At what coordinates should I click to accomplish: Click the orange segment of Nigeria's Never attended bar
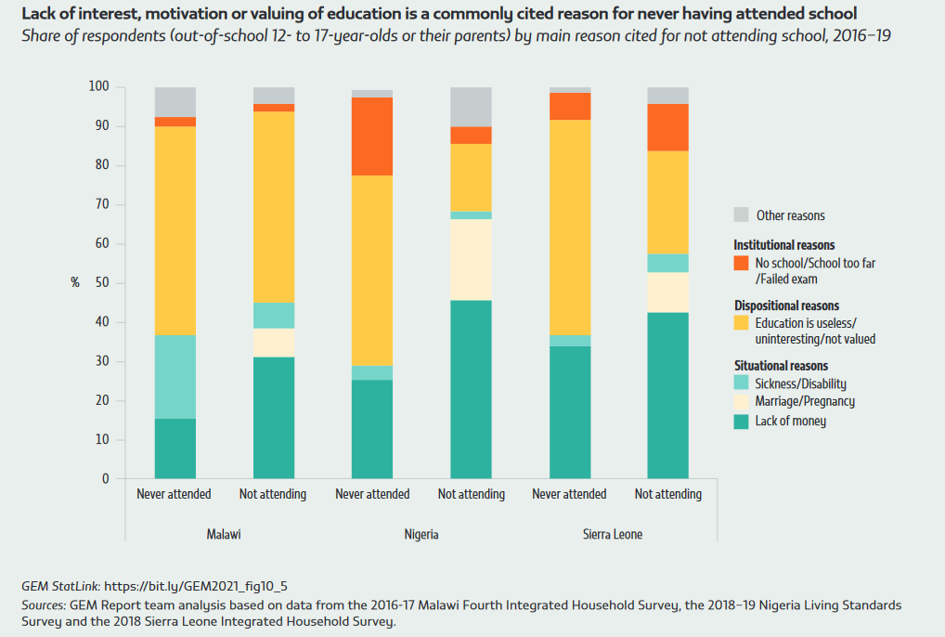(372, 136)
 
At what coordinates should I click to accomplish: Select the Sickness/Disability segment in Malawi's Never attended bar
(175, 377)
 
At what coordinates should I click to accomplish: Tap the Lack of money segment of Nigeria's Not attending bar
(471, 389)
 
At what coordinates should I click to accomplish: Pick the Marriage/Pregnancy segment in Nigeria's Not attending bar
(471, 259)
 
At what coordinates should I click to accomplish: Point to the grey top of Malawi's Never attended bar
(175, 101)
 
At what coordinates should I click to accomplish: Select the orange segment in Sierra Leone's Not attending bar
(667, 127)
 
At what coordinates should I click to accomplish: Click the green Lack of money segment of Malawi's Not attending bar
(274, 418)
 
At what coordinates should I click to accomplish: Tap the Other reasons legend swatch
(741, 214)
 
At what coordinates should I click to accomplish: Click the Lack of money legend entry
(790, 421)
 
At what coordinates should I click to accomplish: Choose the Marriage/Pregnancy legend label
(805, 401)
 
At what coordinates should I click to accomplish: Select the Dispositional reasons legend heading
(786, 305)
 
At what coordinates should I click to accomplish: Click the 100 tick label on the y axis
(99, 86)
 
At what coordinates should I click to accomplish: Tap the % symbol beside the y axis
(75, 282)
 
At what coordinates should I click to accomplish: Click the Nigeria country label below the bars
(421, 535)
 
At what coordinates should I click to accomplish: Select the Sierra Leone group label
(613, 535)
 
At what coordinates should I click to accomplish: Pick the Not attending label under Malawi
(273, 494)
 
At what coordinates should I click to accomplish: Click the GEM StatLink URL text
(196, 586)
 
